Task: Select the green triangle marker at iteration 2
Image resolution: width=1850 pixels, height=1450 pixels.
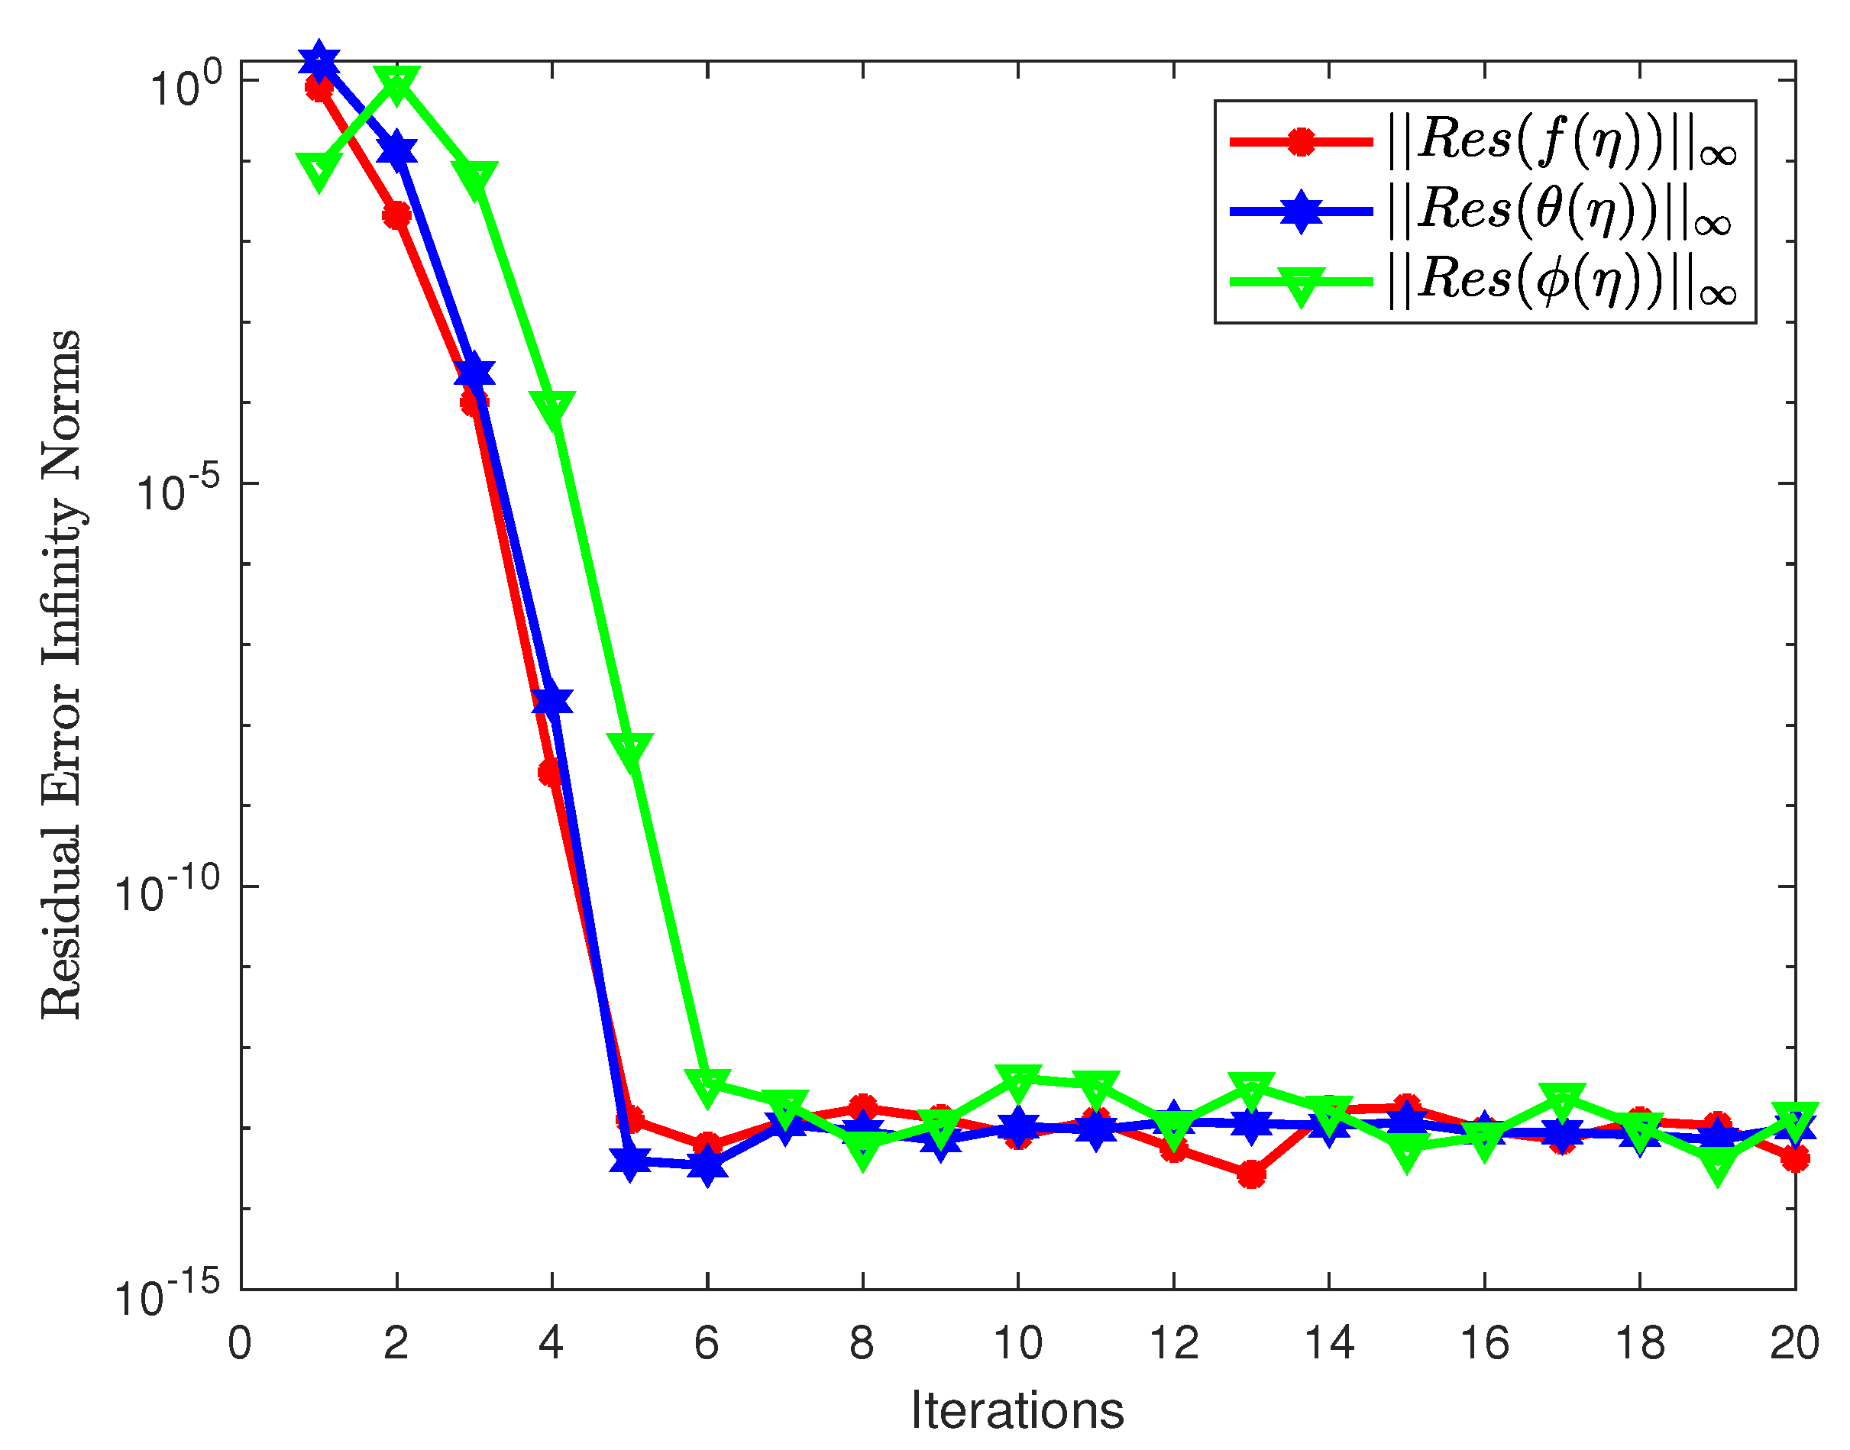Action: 396,84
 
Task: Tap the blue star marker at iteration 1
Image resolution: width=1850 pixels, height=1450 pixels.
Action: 319,62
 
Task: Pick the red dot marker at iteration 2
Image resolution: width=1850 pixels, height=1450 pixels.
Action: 396,215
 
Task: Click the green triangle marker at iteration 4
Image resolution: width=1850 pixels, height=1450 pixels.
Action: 551,409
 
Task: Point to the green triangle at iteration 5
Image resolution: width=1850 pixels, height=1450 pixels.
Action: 630,751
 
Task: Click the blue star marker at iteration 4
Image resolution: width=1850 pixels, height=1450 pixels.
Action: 551,701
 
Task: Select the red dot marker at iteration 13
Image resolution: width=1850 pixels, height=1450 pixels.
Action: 1250,1175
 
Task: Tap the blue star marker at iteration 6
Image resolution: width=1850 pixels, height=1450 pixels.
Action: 707,1167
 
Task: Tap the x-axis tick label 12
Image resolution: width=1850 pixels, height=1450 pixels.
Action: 1173,1344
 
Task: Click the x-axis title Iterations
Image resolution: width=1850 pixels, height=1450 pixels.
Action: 1017,1411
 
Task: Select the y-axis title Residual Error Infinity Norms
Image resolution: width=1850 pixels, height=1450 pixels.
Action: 61,675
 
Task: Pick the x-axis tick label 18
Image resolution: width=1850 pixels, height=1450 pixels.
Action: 1639,1344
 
